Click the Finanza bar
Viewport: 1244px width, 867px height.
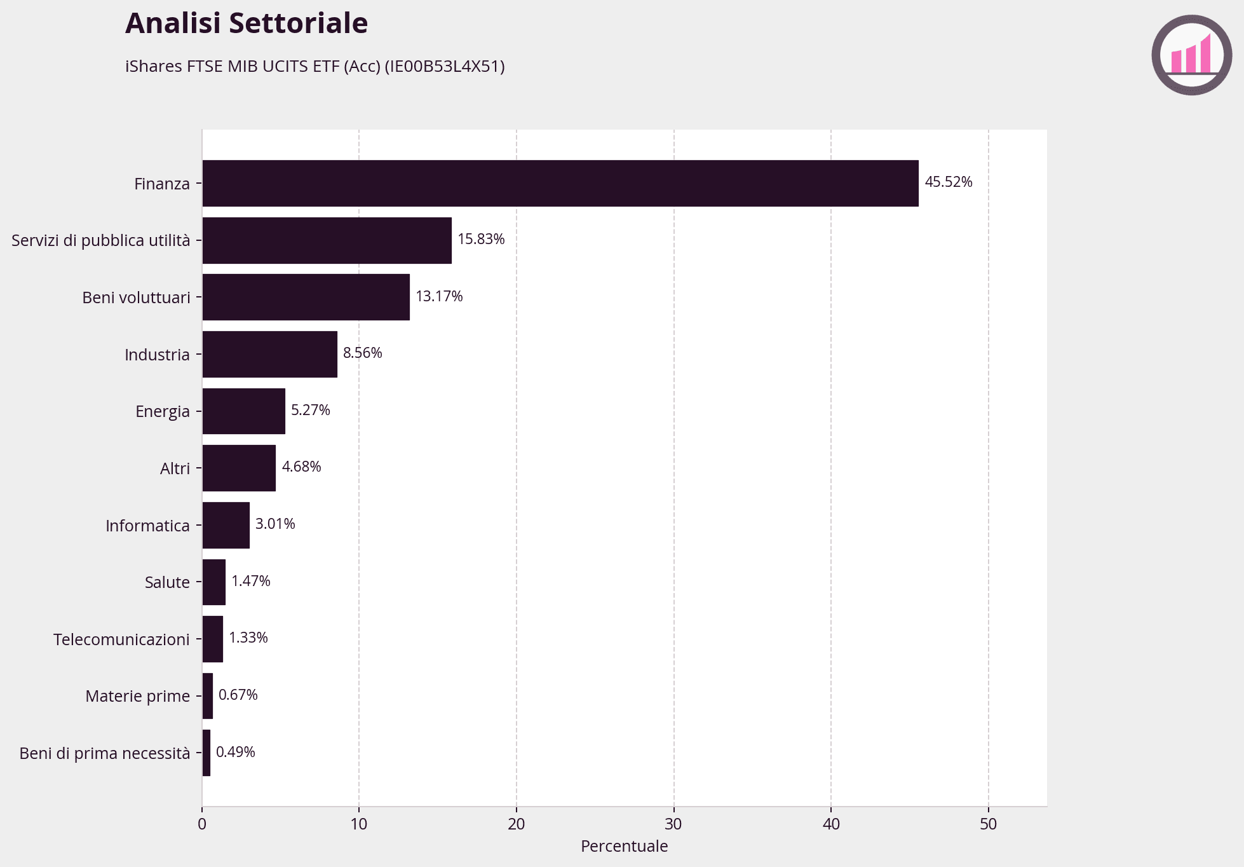[560, 183]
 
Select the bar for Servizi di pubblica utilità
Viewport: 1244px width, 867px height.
[327, 240]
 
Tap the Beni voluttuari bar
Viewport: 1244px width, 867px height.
[306, 297]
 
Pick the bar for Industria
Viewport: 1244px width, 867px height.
[269, 354]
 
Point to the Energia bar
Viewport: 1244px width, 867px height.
[243, 411]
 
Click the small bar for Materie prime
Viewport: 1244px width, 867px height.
[207, 696]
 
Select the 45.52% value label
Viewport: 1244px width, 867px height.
[948, 182]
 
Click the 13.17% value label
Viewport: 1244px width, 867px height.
[439, 296]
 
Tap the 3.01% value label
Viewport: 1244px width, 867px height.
[275, 524]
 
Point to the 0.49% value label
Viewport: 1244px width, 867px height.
[235, 752]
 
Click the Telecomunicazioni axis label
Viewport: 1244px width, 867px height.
[121, 639]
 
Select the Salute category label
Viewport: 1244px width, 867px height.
[167, 582]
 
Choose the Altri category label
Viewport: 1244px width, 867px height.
[175, 468]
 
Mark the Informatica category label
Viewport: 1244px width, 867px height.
[147, 526]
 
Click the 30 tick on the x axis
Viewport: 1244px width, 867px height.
[673, 824]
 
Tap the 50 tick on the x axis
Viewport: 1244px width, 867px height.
[988, 824]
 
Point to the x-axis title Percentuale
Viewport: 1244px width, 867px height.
[624, 847]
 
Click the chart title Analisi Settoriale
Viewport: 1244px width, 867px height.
[247, 24]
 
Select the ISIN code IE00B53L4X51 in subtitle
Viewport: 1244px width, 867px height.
[445, 66]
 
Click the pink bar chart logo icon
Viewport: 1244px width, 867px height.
[1191, 55]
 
